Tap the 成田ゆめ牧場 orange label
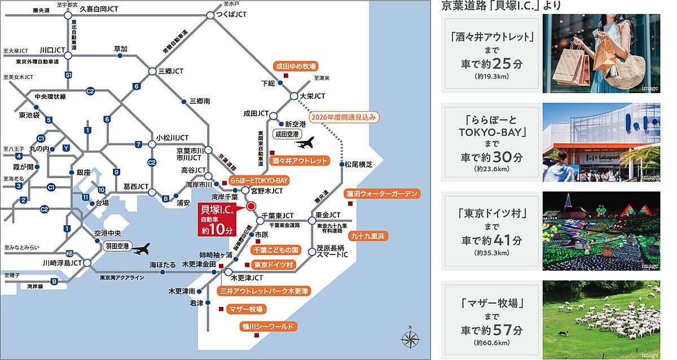[296, 66]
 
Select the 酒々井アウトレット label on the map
[300, 161]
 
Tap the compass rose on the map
[411, 339]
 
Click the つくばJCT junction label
[232, 14]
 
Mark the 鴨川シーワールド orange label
[269, 327]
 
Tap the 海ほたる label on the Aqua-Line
[161, 264]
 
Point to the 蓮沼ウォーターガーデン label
[383, 194]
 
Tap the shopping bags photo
[601, 54]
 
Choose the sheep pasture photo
[601, 320]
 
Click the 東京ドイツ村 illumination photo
[601, 231]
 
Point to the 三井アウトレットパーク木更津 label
[263, 291]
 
